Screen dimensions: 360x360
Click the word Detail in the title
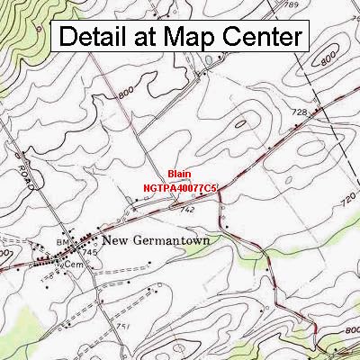(94, 38)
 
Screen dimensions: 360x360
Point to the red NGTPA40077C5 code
(180, 188)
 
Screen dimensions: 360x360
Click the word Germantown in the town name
(166, 240)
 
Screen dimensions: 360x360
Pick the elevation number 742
(186, 209)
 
